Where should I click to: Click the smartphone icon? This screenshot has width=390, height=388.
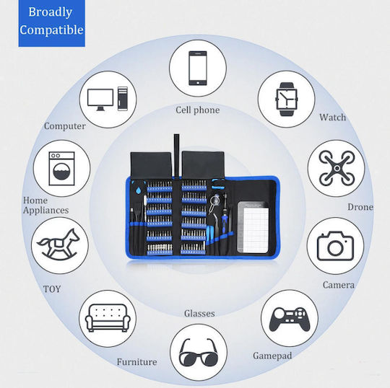tap(198, 69)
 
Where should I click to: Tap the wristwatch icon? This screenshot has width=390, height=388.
tap(286, 99)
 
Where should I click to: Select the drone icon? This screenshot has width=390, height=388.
tap(337, 168)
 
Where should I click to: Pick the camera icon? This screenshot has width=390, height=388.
tap(335, 246)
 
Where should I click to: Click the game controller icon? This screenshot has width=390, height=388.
tap(290, 319)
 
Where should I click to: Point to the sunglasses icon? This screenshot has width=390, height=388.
tap(199, 352)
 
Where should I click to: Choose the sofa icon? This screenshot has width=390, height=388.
tap(108, 318)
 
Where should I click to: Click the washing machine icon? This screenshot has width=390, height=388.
tap(61, 169)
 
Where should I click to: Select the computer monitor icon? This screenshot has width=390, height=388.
tap(100, 100)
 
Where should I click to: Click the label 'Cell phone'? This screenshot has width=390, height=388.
tap(198, 110)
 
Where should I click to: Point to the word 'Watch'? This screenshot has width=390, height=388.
tap(332, 118)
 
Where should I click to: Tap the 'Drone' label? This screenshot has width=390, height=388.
tap(360, 207)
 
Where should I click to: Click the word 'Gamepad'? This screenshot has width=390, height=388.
tap(272, 356)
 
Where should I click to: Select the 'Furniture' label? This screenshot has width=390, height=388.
tap(136, 362)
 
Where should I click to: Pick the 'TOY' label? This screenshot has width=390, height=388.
tap(52, 289)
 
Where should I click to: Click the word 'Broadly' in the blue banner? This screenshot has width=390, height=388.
tap(51, 12)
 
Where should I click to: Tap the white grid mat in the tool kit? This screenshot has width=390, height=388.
tap(256, 230)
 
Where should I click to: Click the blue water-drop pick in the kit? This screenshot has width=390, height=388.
tap(138, 190)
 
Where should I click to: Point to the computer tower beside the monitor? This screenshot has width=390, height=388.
tap(123, 99)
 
